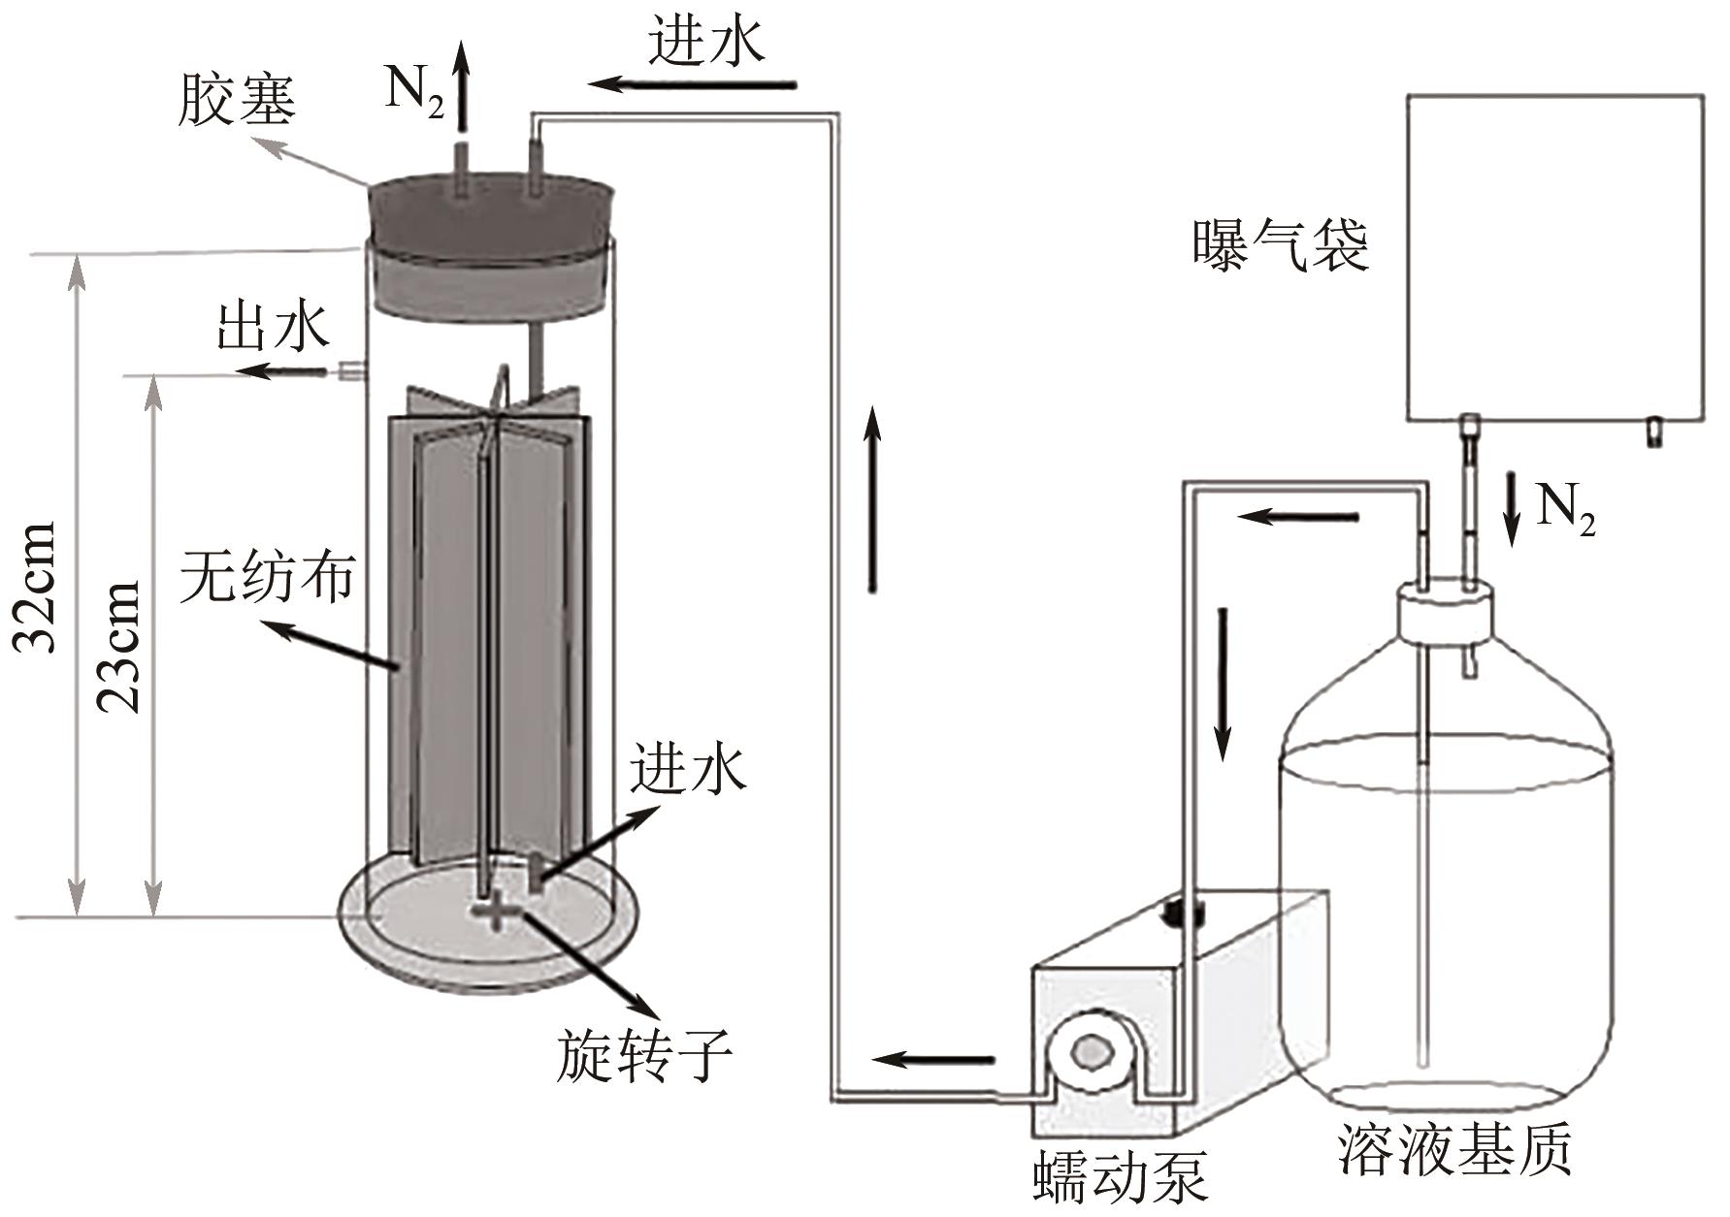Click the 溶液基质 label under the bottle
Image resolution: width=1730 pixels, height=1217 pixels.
pyautogui.click(x=1453, y=1150)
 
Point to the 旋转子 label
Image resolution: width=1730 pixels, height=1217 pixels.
pyautogui.click(x=643, y=1054)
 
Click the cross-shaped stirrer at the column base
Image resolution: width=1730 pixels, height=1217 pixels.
pyautogui.click(x=495, y=912)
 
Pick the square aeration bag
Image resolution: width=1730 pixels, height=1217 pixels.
pyautogui.click(x=1555, y=257)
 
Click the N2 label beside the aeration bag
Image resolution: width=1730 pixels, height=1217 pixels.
pyautogui.click(x=1564, y=510)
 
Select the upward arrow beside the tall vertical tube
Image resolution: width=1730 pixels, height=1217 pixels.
pyautogui.click(x=873, y=499)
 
